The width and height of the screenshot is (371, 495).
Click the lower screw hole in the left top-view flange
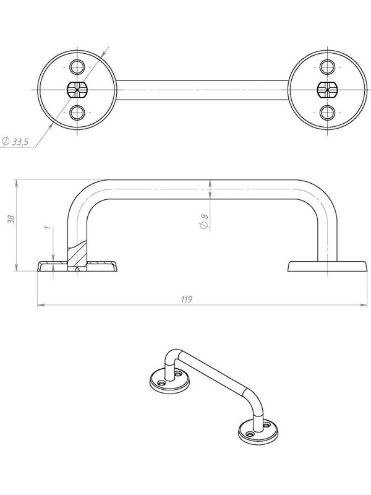[76, 112]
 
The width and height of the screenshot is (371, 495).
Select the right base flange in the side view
[326, 266]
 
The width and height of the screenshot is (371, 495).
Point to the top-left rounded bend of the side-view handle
[82, 195]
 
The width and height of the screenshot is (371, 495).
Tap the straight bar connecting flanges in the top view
[201, 90]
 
